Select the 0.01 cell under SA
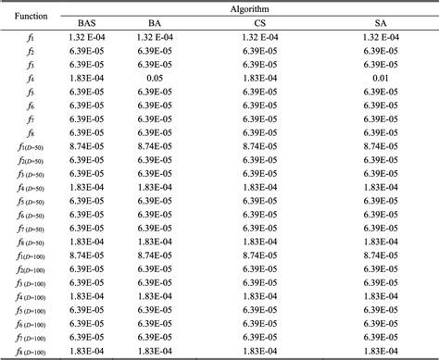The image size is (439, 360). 382,79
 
